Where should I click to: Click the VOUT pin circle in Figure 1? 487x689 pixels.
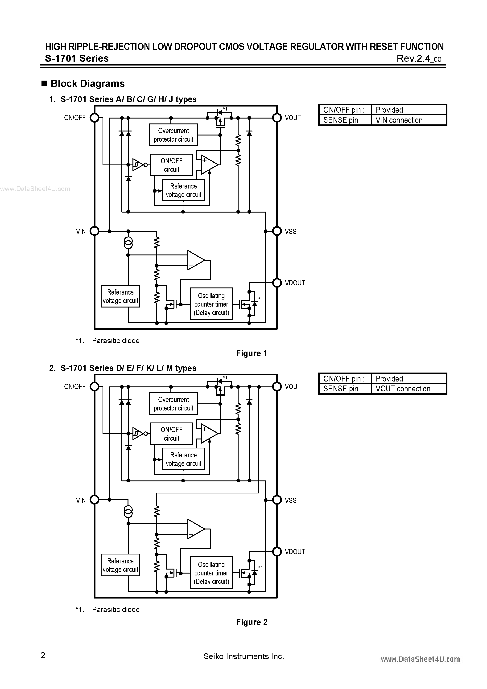pyautogui.click(x=277, y=118)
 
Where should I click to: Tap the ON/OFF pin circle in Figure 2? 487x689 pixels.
pyautogui.click(x=95, y=386)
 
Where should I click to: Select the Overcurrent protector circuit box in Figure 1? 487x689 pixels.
pyautogui.click(x=173, y=135)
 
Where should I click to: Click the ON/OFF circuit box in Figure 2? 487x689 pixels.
pyautogui.click(x=171, y=434)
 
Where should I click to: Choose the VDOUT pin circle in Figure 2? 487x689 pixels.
pyautogui.click(x=277, y=552)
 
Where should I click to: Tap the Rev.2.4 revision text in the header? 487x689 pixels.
pyautogui.click(x=419, y=58)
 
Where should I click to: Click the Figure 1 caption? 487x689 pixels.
pyautogui.click(x=252, y=353)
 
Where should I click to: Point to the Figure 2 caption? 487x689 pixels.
pyautogui.click(x=252, y=622)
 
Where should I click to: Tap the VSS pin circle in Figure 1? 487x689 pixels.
pyautogui.click(x=277, y=231)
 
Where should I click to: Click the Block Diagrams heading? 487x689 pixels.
pyautogui.click(x=87, y=83)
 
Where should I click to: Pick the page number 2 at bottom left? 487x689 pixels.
pyautogui.click(x=43, y=655)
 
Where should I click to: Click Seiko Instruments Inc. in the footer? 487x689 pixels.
pyautogui.click(x=243, y=656)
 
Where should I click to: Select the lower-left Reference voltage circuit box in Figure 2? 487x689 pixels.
pyautogui.click(x=120, y=565)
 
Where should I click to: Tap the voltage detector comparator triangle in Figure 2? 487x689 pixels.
pyautogui.click(x=195, y=529)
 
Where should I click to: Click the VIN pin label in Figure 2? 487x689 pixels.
pyautogui.click(x=81, y=500)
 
